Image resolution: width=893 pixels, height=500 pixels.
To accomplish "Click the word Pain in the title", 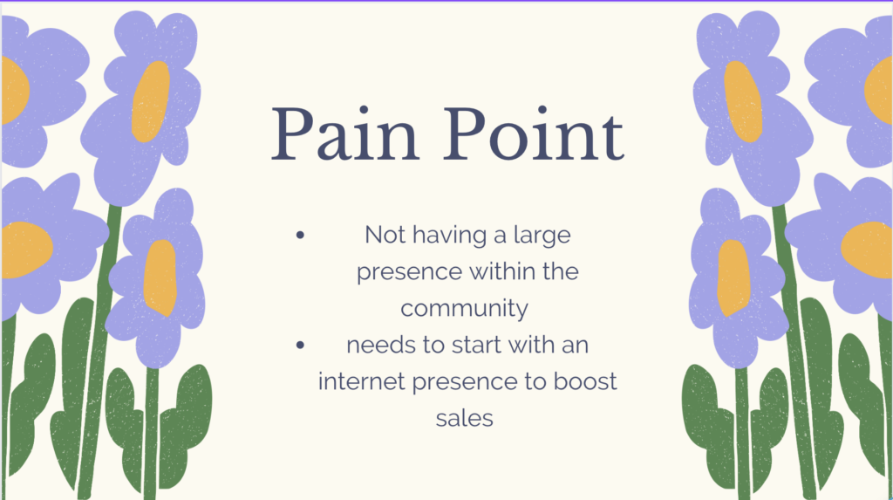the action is pyautogui.click(x=345, y=134).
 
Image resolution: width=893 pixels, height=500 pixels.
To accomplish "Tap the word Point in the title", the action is pyautogui.click(x=534, y=134).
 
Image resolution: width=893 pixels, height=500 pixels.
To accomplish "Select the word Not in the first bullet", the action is pyautogui.click(x=385, y=235).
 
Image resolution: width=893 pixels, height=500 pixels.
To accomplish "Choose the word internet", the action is pyautogui.click(x=362, y=381).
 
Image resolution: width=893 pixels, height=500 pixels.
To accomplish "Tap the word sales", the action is pyautogui.click(x=464, y=419).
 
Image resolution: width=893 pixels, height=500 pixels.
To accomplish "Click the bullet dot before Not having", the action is pyautogui.click(x=300, y=235).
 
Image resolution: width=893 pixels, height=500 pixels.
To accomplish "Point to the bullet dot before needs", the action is pyautogui.click(x=300, y=345).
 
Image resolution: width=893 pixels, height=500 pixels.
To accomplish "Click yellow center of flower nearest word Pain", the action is pyautogui.click(x=151, y=101).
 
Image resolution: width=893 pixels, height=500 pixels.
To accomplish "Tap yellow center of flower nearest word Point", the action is pyautogui.click(x=743, y=101).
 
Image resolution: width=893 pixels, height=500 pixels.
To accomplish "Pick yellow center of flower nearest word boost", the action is pyautogui.click(x=733, y=277).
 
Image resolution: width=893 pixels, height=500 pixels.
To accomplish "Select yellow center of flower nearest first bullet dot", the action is pyautogui.click(x=160, y=277).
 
